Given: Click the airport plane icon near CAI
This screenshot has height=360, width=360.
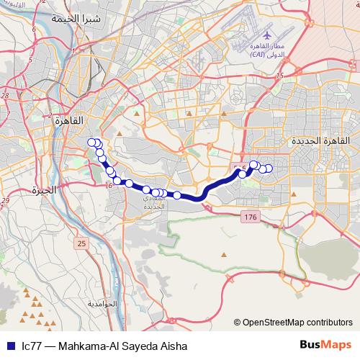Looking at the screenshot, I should (x=267, y=35).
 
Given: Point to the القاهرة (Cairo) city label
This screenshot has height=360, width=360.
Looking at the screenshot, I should (x=69, y=121).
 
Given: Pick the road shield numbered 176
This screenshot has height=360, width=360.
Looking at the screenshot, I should (x=250, y=217).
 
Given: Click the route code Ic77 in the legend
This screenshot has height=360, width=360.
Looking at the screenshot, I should (x=31, y=346).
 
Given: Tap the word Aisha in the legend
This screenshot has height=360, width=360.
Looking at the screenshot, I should (x=174, y=346).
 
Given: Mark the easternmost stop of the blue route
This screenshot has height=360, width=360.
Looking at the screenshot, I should (x=269, y=169).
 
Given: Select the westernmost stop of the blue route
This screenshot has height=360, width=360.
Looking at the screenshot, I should (x=91, y=143).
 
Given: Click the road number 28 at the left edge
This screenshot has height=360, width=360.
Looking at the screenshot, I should (x=5, y=95).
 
